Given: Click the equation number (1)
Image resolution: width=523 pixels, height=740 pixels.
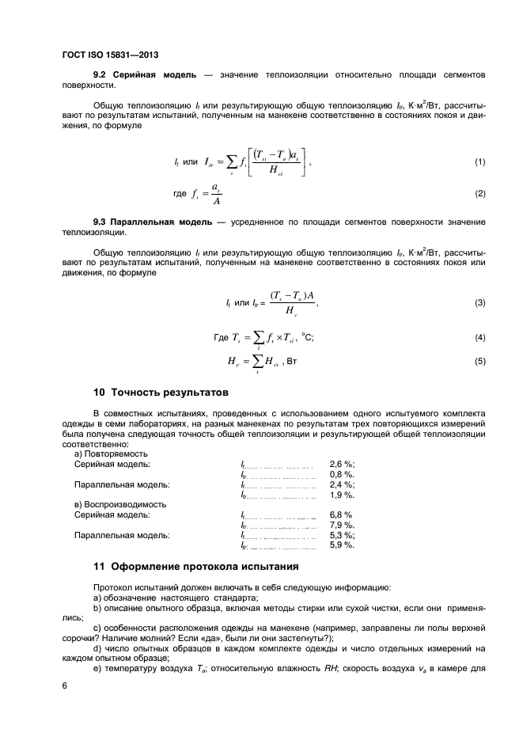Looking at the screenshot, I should click(479, 162).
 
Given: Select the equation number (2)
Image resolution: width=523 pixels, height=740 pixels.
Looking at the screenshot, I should click(479, 193).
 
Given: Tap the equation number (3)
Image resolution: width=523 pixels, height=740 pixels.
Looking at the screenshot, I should click(479, 303).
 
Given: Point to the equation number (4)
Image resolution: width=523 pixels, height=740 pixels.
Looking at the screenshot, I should click(479, 338).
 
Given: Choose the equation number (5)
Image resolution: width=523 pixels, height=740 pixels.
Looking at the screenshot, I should click(479, 362).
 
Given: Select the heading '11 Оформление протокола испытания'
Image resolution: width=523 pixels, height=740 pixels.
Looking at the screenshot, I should click(195, 567).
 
